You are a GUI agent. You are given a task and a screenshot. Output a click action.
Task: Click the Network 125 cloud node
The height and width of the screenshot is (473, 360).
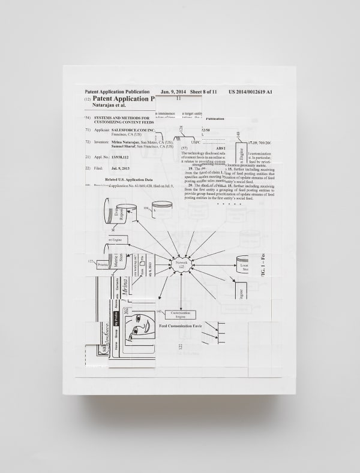[180, 263]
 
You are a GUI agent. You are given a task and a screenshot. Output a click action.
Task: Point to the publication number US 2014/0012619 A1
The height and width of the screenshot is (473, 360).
[250, 91]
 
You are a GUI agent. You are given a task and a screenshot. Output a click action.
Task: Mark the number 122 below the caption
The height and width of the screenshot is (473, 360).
[180, 347]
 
